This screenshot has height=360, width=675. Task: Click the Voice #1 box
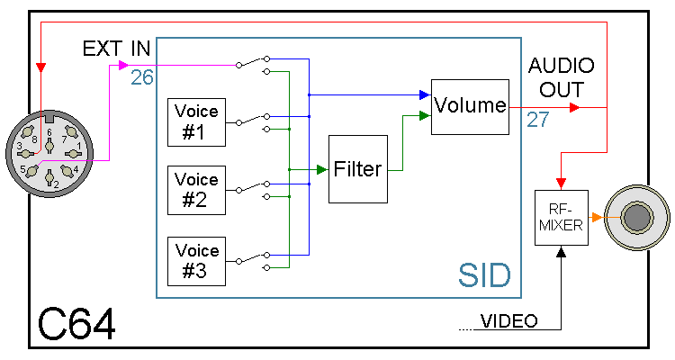pos(196,123)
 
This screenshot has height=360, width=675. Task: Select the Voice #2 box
pos(196,190)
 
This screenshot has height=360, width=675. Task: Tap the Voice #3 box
pos(196,260)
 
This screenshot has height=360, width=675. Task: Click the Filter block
pos(357,169)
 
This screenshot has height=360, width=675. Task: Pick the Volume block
pos(470,106)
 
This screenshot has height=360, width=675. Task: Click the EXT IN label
pos(116,49)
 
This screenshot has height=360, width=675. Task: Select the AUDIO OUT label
pos(562,77)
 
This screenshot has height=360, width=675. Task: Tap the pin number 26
pos(141,78)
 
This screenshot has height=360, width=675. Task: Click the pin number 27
pos(537,121)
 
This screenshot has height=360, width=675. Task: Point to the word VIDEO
pos(509,321)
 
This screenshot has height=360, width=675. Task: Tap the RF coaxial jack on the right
pos(637,219)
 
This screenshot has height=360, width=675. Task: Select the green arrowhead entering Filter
pos(319,169)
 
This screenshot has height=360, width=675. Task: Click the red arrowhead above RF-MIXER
pos(561,184)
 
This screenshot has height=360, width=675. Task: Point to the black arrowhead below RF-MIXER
pos(561,253)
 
